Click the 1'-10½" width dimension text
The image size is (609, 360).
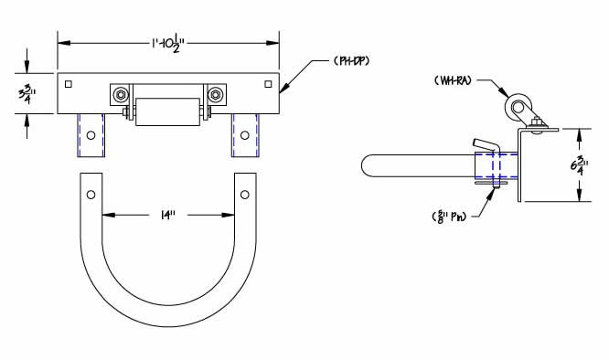pos(168,42)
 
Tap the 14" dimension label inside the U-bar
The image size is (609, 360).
pos(167,216)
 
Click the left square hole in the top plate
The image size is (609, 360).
pos(69,85)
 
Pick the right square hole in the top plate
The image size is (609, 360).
pos(267,85)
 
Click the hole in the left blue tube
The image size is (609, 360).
pos(90,133)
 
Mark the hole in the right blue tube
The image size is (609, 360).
pos(244,133)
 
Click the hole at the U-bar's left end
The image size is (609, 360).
pos(90,195)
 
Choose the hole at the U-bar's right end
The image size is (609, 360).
pos(244,195)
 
